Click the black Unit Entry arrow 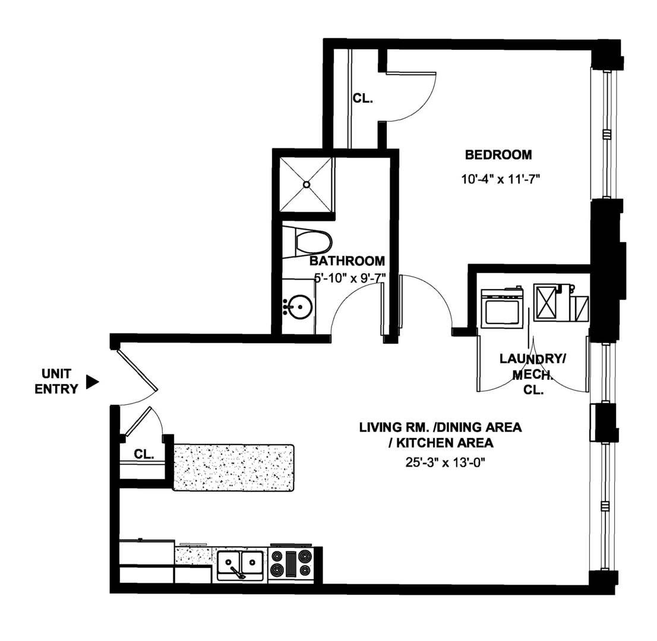91,382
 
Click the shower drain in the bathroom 307,184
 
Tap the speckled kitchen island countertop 233,467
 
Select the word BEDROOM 498,156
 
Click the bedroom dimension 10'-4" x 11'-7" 499,178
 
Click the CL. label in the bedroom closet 363,99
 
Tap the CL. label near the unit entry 144,455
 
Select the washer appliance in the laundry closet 501,307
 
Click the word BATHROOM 348,261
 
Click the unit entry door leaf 137,370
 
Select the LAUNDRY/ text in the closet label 532,358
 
